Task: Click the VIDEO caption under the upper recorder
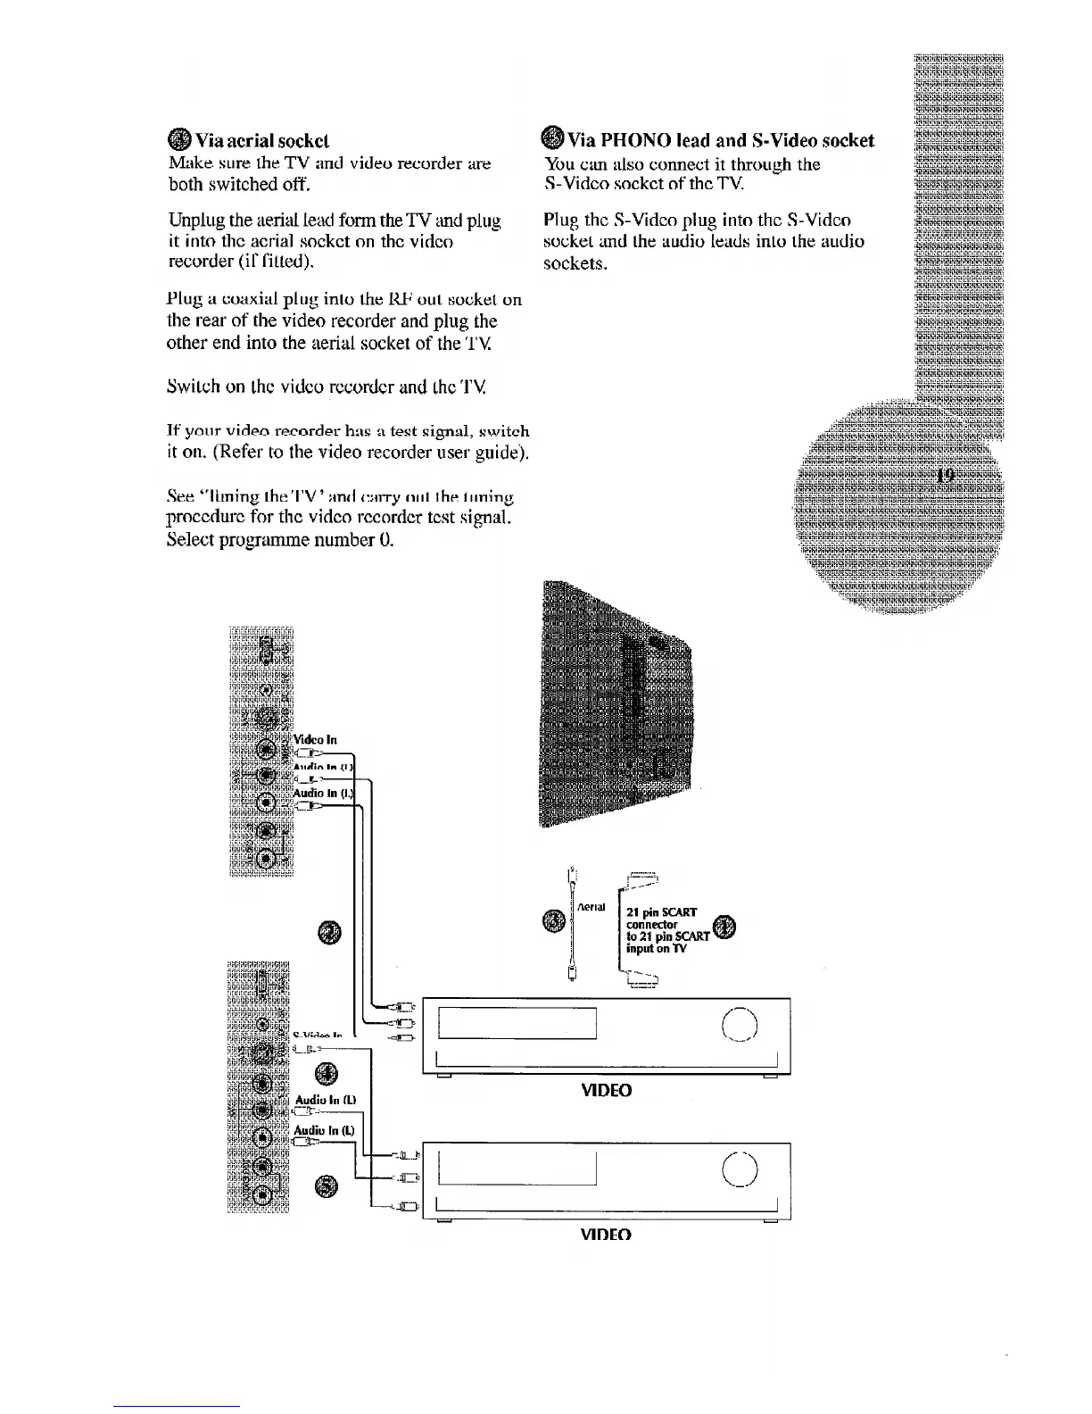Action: (606, 1091)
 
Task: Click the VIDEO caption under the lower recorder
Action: (606, 1235)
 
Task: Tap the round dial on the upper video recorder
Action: (740, 1023)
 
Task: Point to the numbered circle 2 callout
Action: (327, 932)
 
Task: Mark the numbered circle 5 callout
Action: (327, 1186)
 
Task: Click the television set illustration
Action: (616, 705)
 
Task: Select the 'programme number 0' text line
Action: (280, 541)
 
